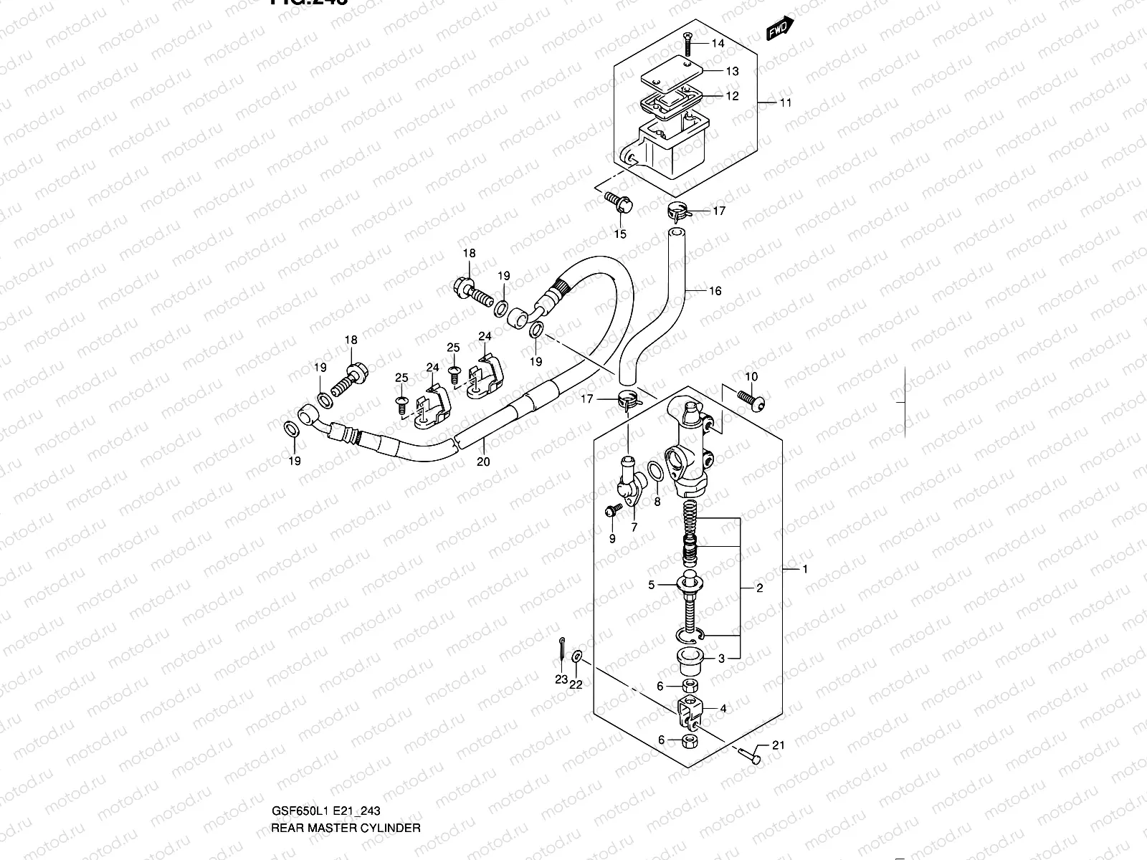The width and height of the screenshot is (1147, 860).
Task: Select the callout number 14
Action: (718, 44)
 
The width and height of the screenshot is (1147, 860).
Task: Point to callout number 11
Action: (786, 102)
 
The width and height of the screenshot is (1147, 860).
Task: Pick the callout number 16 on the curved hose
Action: (715, 291)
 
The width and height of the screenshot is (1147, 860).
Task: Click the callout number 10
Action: (751, 377)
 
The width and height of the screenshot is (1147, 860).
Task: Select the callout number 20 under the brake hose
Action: (483, 462)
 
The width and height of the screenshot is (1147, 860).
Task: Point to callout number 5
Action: (651, 586)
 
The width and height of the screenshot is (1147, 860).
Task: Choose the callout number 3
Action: (721, 658)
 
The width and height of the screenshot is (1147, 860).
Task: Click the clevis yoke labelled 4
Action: (690, 710)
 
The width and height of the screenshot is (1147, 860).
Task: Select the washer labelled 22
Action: (578, 658)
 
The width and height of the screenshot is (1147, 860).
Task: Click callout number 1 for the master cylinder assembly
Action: (805, 570)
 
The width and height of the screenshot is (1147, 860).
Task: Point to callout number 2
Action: (759, 589)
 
